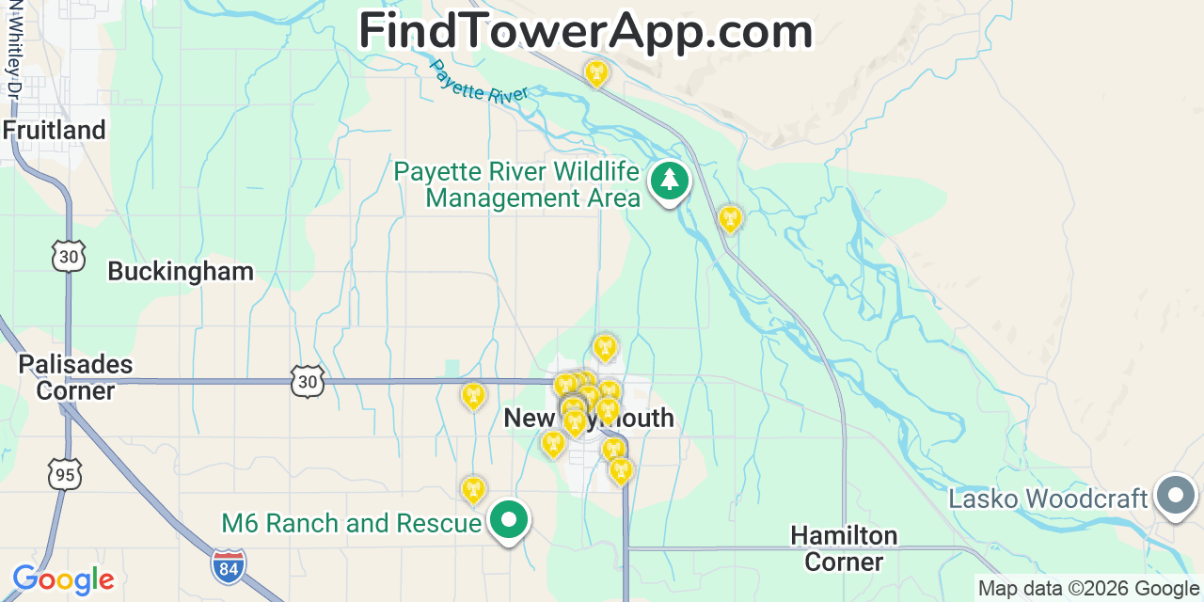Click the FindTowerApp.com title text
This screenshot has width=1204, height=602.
coord(585,32)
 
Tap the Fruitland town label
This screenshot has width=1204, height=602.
coord(55,130)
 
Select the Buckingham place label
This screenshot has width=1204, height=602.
coord(181,272)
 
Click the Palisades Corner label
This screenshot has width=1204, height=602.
coord(75,377)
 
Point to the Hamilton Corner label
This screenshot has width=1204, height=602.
coord(844,548)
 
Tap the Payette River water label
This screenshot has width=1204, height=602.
coord(479,83)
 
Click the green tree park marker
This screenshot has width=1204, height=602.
coord(670,181)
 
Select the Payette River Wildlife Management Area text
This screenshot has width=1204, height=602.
coord(517,185)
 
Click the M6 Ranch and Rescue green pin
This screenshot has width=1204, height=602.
coord(510,519)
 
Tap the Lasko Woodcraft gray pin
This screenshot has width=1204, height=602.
coord(1175,495)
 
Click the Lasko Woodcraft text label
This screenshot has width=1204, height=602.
coord(1048,499)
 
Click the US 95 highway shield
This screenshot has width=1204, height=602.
coord(65,474)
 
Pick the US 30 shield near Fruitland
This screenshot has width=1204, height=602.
coord(69,256)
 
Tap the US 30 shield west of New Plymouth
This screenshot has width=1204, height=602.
coord(308,381)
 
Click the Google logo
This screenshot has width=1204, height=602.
coord(63,579)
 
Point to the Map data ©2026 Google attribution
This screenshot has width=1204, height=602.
coord(1089,589)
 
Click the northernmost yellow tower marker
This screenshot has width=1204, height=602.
coord(596,71)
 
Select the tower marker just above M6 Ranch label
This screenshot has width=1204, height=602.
coord(473,489)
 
